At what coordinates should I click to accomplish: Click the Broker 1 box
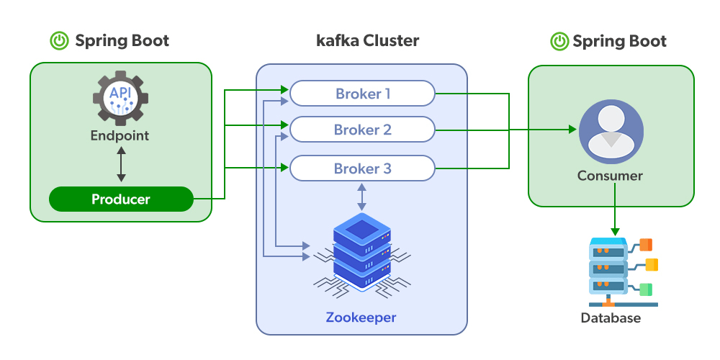click(x=362, y=94)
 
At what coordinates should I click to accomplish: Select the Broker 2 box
click(x=362, y=130)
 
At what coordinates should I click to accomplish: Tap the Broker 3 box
click(x=362, y=168)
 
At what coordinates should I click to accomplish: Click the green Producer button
click(x=121, y=199)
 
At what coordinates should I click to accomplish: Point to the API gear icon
click(x=120, y=99)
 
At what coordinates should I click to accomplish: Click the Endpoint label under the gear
click(x=120, y=135)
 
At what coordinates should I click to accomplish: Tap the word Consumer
click(x=610, y=175)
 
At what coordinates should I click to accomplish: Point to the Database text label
click(x=611, y=318)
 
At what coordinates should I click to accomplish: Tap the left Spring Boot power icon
click(x=59, y=41)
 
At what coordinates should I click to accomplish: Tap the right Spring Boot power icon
click(x=559, y=41)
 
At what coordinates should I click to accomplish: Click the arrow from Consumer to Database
click(x=614, y=209)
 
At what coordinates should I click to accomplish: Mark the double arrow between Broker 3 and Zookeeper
click(x=361, y=197)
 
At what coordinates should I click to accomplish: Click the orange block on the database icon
click(x=646, y=244)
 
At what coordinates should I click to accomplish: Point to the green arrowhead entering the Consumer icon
click(x=573, y=130)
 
